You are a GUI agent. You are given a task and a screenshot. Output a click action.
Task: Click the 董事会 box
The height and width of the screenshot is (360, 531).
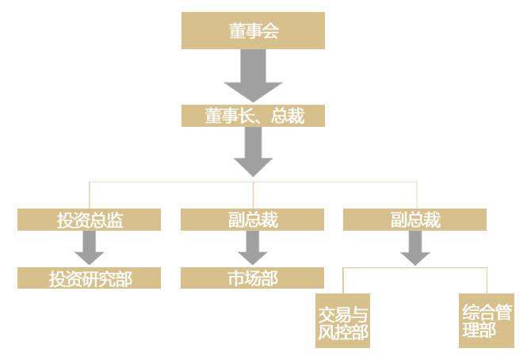(253, 31)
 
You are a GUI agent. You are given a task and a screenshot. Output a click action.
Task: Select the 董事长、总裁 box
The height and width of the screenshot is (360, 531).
(253, 116)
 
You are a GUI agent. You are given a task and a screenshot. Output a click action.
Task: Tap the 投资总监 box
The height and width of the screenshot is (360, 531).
(89, 220)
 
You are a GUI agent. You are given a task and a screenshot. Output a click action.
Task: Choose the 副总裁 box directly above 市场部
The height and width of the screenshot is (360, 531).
(252, 220)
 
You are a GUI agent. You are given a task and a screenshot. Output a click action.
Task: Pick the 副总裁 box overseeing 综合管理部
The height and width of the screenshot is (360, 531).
(415, 220)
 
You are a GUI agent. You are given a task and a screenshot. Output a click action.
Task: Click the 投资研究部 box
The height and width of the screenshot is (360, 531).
(89, 278)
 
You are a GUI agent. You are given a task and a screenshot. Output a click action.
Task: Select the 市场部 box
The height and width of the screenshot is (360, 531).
(252, 278)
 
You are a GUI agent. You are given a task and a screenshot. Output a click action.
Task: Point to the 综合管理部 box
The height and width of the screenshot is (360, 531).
(487, 320)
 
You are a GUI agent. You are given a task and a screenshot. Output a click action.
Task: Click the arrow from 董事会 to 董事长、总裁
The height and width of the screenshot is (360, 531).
(253, 78)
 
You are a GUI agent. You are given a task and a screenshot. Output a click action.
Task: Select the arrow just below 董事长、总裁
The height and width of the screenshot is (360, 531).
(253, 152)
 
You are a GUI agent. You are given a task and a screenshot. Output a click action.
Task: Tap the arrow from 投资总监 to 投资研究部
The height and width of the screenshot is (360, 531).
(89, 248)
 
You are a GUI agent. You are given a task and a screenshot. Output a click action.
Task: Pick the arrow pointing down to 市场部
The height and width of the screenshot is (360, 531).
(252, 248)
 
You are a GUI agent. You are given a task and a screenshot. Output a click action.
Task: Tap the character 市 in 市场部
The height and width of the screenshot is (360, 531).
(235, 278)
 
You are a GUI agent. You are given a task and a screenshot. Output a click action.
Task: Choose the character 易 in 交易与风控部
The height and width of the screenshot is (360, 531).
(342, 311)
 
